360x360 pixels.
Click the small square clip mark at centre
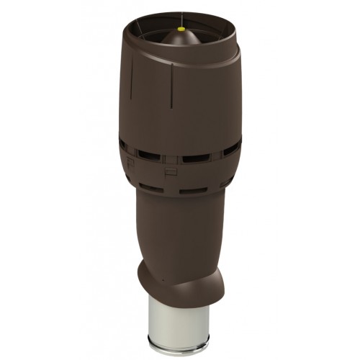pos(170,172)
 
